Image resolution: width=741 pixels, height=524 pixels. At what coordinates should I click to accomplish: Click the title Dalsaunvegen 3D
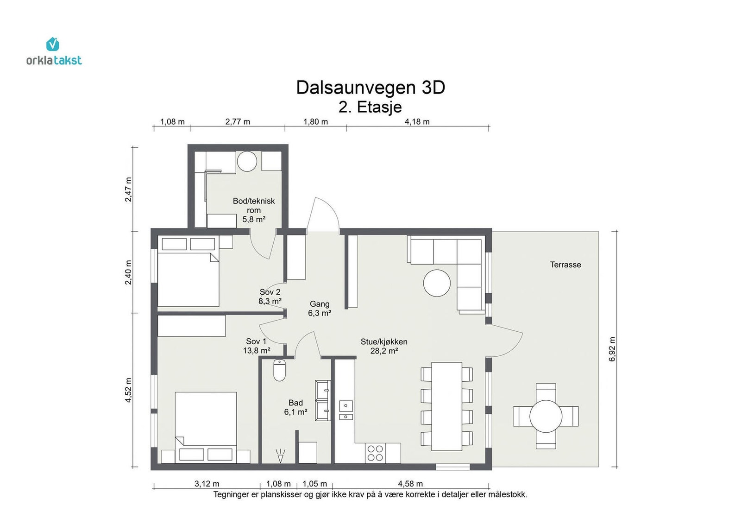(370, 88)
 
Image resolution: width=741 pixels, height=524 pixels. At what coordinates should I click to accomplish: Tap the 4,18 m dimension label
(417, 122)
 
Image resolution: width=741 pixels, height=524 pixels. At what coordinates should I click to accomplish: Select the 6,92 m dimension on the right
(612, 349)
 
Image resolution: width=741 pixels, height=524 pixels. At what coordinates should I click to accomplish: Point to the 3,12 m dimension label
(207, 484)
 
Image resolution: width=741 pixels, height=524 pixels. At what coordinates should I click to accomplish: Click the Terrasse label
(565, 265)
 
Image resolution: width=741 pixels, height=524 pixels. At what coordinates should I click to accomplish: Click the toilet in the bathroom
(280, 370)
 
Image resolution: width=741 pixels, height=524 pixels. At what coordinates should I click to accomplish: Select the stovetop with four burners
(375, 453)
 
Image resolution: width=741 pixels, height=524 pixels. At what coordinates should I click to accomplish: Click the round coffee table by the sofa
(437, 283)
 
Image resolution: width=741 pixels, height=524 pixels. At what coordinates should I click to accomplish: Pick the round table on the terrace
(546, 416)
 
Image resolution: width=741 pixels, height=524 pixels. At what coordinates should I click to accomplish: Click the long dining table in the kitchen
(446, 406)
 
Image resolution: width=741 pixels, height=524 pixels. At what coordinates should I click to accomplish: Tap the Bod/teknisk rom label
(254, 206)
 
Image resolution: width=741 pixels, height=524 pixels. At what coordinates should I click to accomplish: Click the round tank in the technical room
(247, 161)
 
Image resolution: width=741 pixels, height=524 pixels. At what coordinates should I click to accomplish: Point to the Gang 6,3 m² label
(320, 309)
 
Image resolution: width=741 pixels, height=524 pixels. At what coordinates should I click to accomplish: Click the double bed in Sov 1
(206, 428)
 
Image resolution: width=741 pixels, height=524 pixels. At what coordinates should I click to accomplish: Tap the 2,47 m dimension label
(128, 189)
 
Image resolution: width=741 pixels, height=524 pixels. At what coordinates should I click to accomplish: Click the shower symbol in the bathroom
(280, 455)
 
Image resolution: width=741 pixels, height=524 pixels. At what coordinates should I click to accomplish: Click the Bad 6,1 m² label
(295, 408)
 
